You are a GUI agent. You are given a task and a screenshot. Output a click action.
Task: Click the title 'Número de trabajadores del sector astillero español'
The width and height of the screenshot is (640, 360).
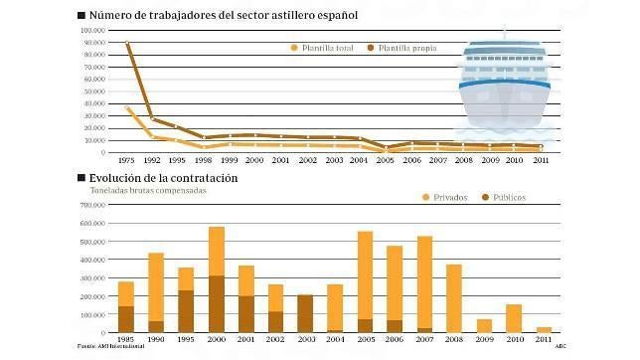(223, 16)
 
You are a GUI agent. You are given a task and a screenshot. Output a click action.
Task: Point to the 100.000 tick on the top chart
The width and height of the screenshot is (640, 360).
(97, 29)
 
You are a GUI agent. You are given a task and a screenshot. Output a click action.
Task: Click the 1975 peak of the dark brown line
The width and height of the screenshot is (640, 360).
(127, 44)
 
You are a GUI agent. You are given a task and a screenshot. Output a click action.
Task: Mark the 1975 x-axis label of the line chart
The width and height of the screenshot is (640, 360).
(126, 159)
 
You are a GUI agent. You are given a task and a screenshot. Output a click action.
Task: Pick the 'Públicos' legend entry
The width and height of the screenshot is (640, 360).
(521, 198)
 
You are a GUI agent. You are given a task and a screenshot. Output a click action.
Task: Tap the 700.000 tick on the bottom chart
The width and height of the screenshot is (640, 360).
(97, 205)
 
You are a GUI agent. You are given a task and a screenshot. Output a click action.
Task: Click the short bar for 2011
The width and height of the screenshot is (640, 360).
(544, 328)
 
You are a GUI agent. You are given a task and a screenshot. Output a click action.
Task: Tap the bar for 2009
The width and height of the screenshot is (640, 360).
(484, 325)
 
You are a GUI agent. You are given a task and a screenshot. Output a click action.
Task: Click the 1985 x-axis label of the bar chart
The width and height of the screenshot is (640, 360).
(126, 338)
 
